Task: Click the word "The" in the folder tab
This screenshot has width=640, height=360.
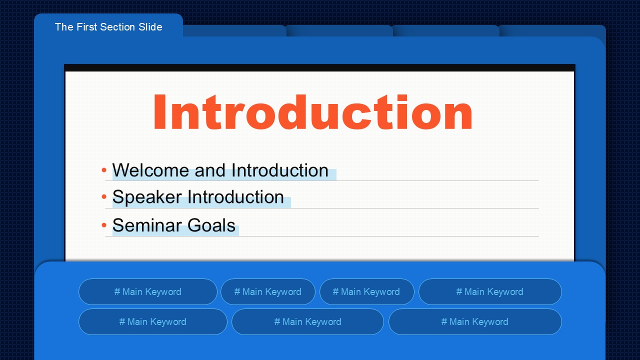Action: click(x=64, y=27)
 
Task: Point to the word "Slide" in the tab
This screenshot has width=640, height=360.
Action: click(x=150, y=27)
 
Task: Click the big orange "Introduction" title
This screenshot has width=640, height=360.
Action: click(x=313, y=112)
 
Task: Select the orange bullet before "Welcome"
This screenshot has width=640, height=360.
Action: click(x=104, y=170)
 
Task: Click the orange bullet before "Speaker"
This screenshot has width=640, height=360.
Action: click(x=104, y=196)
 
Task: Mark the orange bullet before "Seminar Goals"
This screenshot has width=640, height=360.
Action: click(x=104, y=225)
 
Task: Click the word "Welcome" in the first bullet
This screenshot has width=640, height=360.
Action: click(x=150, y=170)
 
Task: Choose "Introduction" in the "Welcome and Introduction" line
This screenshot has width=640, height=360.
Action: click(x=279, y=170)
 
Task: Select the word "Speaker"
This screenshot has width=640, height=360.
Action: click(x=147, y=197)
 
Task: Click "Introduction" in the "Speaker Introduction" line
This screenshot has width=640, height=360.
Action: click(x=235, y=196)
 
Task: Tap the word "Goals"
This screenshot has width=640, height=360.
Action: click(x=211, y=225)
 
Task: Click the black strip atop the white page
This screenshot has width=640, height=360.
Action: click(x=319, y=67)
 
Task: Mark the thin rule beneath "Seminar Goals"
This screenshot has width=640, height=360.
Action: click(x=321, y=236)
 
